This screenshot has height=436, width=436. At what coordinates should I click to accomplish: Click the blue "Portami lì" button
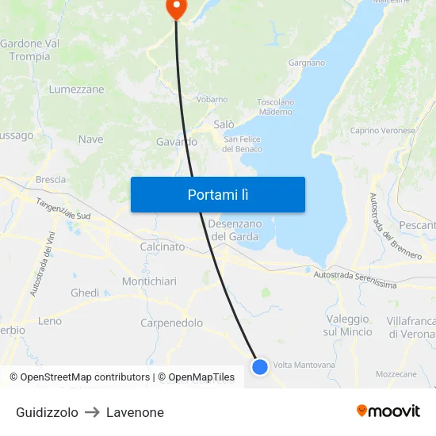tap(218, 194)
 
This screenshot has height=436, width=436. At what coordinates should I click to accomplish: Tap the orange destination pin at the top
tap(175, 8)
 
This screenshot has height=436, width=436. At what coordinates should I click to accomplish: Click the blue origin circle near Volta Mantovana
tap(260, 366)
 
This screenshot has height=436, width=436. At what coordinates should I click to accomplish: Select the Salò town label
tap(224, 124)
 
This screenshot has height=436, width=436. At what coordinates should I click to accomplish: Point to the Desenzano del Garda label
tap(235, 230)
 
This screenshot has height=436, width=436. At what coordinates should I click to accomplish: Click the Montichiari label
tap(149, 281)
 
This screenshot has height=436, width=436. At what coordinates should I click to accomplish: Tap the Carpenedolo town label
tap(171, 323)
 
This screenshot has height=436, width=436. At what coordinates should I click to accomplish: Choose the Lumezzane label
tap(76, 90)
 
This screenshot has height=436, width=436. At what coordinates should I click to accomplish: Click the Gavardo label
tap(176, 142)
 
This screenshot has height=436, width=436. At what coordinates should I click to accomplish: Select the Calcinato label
tap(162, 247)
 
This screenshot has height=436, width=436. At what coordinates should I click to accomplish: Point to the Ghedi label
tap(85, 293)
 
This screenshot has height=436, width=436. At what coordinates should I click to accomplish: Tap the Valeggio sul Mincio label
tap(348, 325)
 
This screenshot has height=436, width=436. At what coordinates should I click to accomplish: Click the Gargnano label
tap(307, 63)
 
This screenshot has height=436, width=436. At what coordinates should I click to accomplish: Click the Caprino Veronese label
tap(383, 130)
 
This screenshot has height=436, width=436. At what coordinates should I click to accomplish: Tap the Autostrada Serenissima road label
tap(354, 279)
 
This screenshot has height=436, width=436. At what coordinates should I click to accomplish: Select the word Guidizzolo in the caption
tap(47, 412)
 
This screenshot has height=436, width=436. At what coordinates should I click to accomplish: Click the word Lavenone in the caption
tap(135, 412)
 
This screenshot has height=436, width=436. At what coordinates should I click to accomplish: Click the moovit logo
tap(388, 411)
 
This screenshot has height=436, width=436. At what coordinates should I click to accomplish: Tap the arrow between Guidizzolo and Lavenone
tap(92, 412)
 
